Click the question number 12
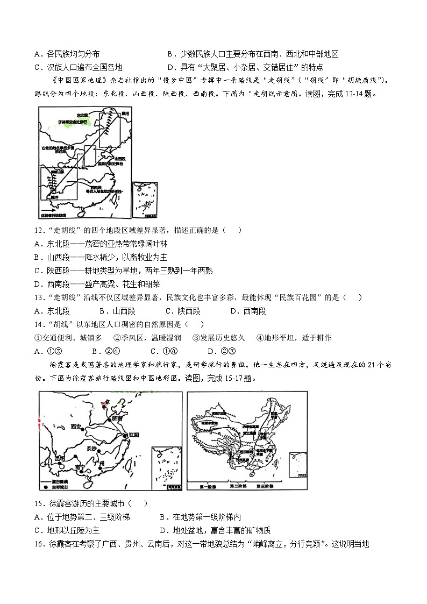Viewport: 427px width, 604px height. tap(38, 230)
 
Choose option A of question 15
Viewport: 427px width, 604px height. tap(81, 517)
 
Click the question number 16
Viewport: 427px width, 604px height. tap(38, 543)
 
